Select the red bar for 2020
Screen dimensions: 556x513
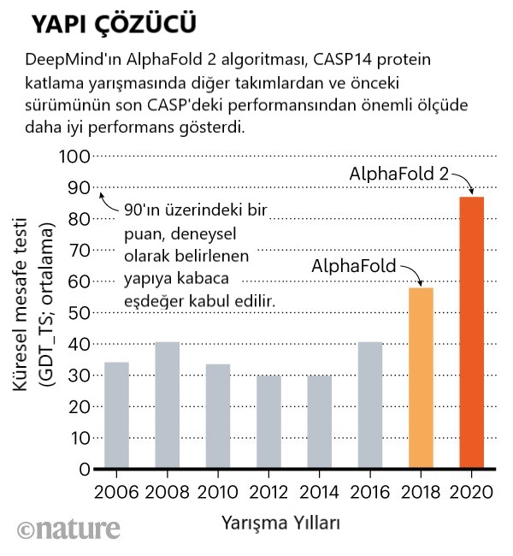pos(471,333)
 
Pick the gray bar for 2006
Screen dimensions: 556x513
pos(116,416)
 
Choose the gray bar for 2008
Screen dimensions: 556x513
pos(168,405)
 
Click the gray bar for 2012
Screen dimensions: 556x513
pos(268,423)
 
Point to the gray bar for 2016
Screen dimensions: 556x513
pos(370,405)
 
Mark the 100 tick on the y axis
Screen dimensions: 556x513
pos(74,157)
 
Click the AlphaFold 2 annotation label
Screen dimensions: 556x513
pos(398,174)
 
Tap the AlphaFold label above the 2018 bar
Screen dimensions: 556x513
pos(354,266)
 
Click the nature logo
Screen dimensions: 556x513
pos(68,529)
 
